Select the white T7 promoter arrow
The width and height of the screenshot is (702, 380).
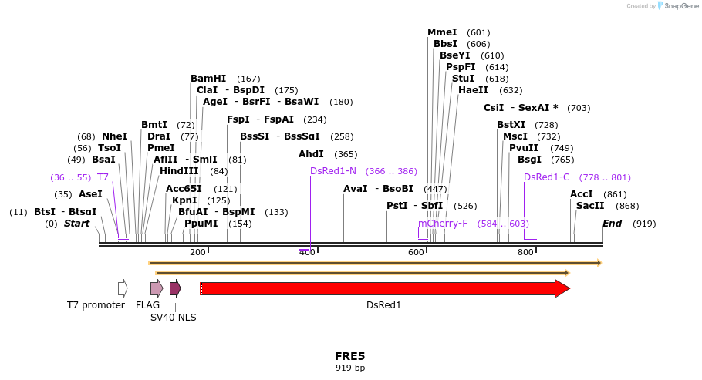coord(123,288)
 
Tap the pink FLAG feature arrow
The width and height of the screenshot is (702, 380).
coord(157,288)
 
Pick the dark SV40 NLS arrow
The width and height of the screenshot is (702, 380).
coord(175,288)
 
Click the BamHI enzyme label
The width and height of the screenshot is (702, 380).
coord(208,79)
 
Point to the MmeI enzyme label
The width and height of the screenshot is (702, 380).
coord(442,32)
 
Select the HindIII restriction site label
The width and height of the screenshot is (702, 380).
coord(179,171)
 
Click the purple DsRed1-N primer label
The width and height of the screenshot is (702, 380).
coord(333,171)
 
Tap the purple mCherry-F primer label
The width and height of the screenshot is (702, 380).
coord(443,224)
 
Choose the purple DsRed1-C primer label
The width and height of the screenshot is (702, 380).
coord(546,177)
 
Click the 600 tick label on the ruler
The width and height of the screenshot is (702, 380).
coord(417,252)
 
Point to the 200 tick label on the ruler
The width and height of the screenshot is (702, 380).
coord(197,252)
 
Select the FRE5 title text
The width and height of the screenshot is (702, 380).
coord(349,356)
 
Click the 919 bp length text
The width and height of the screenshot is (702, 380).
coord(349,368)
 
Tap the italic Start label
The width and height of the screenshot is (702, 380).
coord(76,224)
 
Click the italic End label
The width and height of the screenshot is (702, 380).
coord(612,224)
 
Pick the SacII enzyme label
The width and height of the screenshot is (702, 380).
coord(590,206)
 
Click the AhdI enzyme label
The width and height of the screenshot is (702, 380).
coord(311,154)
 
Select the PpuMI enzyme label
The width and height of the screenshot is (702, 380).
coord(201,224)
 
